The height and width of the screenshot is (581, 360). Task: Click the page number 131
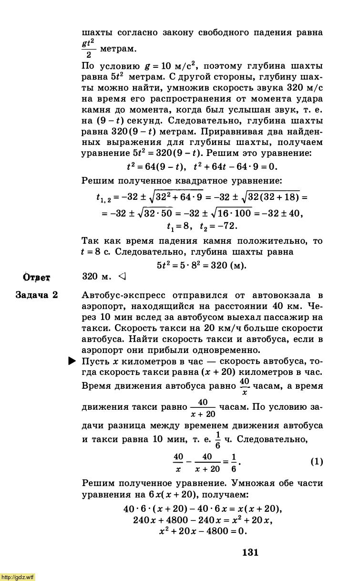[250, 552]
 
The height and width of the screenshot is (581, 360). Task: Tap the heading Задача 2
[37, 295]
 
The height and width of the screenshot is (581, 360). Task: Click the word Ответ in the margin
[37, 277]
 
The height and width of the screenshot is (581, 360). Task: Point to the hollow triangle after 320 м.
[122, 276]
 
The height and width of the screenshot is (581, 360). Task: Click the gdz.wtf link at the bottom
[18, 577]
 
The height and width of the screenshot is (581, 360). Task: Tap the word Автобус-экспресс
[120, 295]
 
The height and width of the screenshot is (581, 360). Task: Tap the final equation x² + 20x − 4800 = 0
[203, 531]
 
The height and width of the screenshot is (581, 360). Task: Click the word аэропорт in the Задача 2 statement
[104, 306]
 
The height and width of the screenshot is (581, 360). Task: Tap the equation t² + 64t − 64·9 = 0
[235, 166]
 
